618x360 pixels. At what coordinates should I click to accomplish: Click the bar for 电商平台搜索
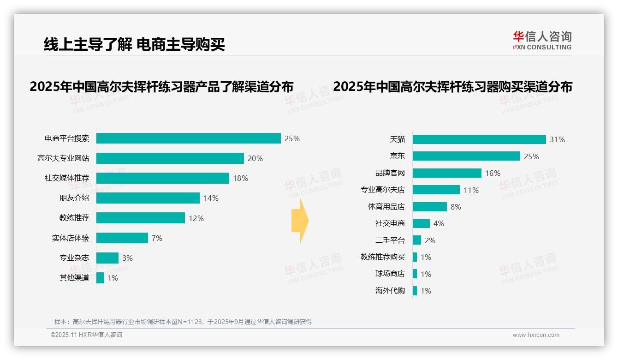pos(188,138)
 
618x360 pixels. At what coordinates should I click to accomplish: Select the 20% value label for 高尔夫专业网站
pos(255,158)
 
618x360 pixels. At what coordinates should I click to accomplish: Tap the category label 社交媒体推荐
pos(67,178)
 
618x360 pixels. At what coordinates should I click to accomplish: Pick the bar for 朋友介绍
pos(148,198)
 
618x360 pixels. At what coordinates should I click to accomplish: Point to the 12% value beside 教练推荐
pos(196,218)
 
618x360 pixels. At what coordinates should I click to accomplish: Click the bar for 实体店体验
pos(122,238)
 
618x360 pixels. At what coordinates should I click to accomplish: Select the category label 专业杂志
pos(74,258)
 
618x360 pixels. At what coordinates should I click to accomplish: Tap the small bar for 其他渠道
pos(100,278)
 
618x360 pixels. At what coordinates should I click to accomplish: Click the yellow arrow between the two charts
pos(300,221)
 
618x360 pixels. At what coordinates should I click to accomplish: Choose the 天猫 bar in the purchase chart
pos(479,139)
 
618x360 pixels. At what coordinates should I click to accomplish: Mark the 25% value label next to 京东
pos(531,156)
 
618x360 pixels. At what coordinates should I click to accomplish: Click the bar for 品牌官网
pos(447,173)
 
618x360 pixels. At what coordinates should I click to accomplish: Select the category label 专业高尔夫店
pos(382,190)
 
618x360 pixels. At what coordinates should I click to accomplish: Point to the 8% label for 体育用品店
pos(456,207)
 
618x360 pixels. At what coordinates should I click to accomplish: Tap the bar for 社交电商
pos(421,223)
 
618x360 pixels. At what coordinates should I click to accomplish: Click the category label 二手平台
pos(390,240)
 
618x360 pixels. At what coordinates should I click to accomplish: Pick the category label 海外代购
pos(390,291)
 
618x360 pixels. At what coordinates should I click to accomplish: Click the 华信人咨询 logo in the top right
pos(542,41)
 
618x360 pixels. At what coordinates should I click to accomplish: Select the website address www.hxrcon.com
pos(536,335)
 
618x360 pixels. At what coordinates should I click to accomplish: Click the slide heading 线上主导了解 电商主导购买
pos(134,45)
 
